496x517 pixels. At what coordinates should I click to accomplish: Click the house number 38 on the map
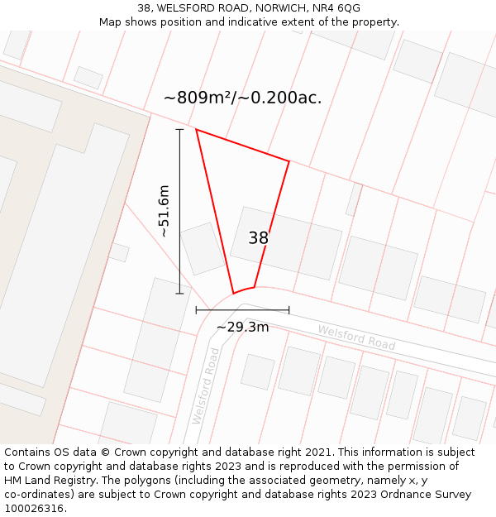pyautogui.click(x=259, y=238)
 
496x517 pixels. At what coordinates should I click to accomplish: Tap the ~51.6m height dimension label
pyautogui.click(x=164, y=211)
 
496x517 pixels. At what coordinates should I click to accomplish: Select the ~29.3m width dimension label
pyautogui.click(x=242, y=327)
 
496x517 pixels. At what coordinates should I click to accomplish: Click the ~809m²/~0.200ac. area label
pyautogui.click(x=242, y=98)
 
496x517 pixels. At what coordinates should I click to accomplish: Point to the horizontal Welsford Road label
pyautogui.click(x=356, y=337)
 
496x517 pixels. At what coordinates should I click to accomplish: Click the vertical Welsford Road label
pyautogui.click(x=204, y=386)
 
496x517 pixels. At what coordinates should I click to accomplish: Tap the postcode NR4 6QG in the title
pyautogui.click(x=338, y=8)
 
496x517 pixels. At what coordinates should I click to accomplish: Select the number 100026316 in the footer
pyautogui.click(x=34, y=508)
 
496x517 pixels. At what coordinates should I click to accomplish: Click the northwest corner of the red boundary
pyautogui.click(x=196, y=129)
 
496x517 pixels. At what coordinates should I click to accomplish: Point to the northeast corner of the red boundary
pyautogui.click(x=289, y=161)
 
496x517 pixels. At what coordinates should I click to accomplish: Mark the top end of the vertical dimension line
pyautogui.click(x=180, y=129)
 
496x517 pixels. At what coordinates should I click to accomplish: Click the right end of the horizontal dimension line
pyautogui.click(x=289, y=310)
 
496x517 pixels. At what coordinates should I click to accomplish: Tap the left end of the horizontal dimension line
pyautogui.click(x=196, y=310)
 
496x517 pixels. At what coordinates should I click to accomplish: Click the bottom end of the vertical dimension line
pyautogui.click(x=180, y=293)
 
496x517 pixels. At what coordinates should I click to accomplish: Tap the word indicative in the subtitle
pyautogui.click(x=259, y=22)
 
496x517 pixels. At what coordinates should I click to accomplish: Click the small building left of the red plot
pyautogui.click(x=201, y=248)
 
